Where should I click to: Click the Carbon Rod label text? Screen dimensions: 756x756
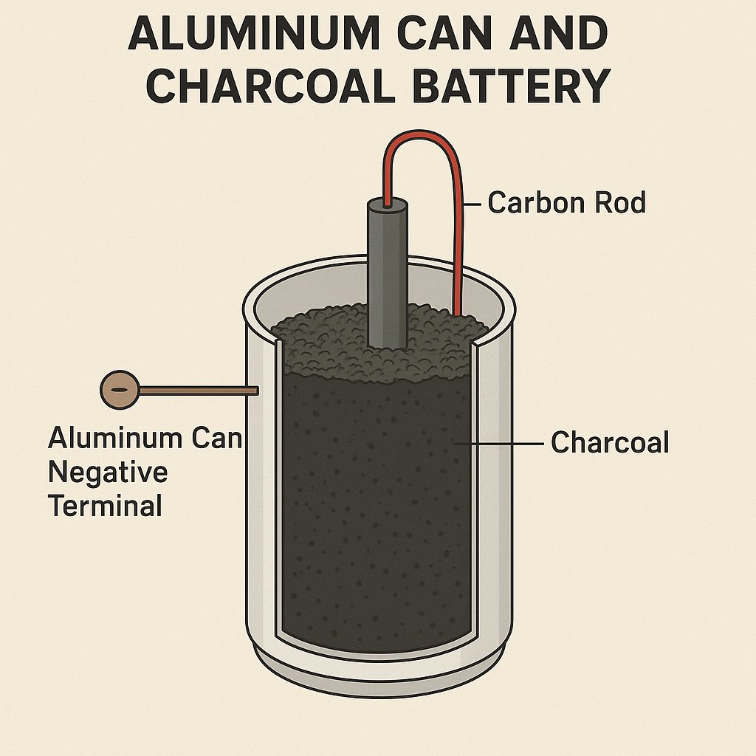[566, 202]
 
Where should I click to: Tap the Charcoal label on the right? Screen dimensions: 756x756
[610, 443]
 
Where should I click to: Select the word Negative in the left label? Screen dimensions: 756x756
[108, 472]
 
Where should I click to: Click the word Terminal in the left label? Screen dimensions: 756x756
[105, 506]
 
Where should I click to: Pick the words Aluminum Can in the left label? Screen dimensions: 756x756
[145, 439]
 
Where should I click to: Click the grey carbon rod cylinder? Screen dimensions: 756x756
[388, 281]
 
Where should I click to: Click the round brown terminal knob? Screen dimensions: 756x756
[120, 388]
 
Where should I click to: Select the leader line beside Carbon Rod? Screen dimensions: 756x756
[474, 202]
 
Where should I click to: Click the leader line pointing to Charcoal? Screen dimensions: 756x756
[502, 443]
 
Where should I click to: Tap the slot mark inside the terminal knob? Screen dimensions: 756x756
[118, 388]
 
